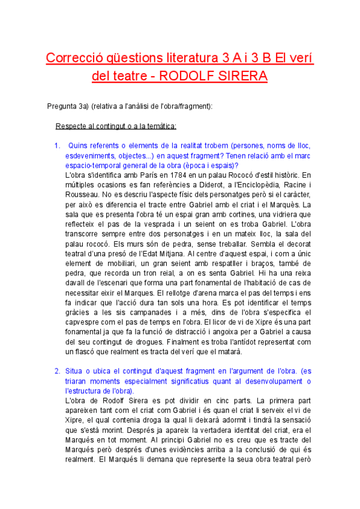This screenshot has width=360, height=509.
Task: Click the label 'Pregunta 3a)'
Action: tap(67, 106)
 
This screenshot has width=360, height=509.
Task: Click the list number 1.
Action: tap(57, 146)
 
